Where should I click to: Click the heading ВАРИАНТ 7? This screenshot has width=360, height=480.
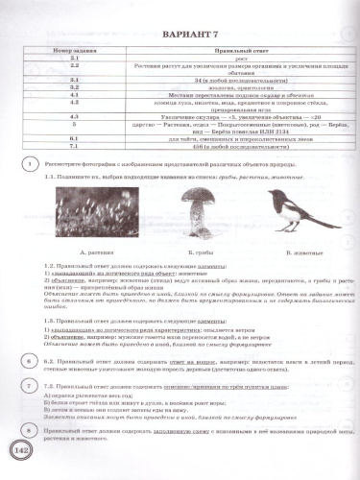click(x=180, y=39)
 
